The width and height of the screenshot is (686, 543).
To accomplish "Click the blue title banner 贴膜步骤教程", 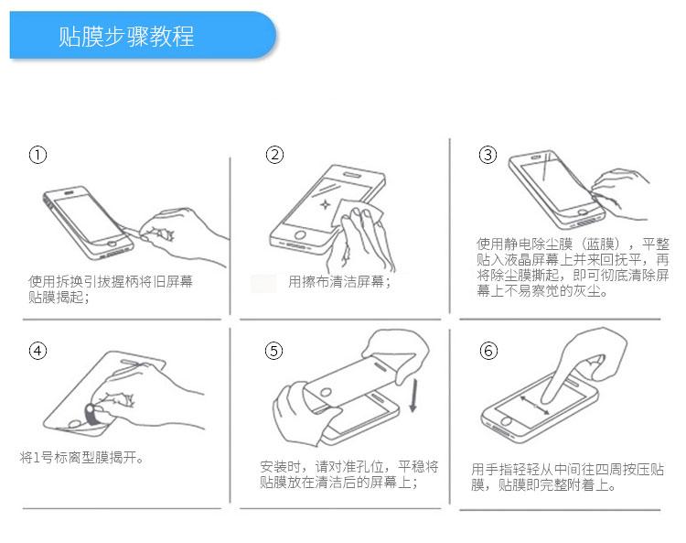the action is [143, 35].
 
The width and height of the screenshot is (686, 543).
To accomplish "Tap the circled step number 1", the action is [38, 155].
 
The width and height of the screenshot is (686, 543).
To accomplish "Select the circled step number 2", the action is [274, 155].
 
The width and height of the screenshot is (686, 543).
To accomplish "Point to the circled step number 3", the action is [488, 155].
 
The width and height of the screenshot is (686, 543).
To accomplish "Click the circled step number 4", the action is [38, 351].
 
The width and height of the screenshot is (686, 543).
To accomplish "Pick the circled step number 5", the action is [273, 351].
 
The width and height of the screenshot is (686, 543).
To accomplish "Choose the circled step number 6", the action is [488, 351].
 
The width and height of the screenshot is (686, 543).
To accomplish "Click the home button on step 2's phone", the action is [300, 234].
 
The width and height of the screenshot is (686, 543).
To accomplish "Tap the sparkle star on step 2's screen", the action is [325, 204].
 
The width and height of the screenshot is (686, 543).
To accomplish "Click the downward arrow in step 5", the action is [413, 396].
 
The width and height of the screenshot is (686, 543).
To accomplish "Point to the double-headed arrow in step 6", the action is [535, 405].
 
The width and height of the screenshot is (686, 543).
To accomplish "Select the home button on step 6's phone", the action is [506, 422].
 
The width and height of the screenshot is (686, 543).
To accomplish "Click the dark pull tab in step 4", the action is [92, 414].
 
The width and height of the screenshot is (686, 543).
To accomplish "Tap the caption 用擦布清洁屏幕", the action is [339, 281].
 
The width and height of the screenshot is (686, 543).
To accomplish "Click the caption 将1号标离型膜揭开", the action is [81, 458].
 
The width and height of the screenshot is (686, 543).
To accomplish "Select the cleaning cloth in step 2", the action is [357, 213].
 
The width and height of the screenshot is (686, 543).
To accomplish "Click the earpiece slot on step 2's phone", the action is [353, 175].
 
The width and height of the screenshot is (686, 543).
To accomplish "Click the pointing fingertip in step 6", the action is [546, 397].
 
